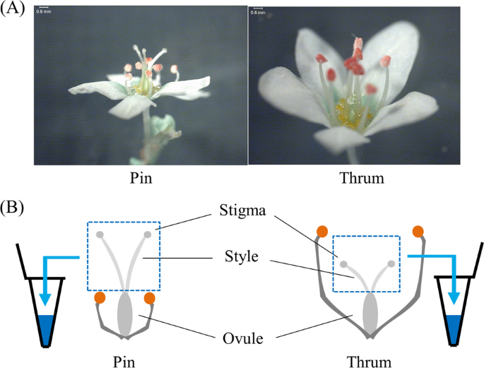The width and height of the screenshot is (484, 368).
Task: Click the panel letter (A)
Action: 12,8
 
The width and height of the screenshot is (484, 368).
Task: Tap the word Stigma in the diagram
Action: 242,211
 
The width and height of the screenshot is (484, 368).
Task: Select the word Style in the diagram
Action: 242,256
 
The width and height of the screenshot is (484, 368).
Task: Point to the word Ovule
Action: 243,339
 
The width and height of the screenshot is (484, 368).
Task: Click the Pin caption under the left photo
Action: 141,178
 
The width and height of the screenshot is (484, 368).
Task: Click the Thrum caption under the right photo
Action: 362,178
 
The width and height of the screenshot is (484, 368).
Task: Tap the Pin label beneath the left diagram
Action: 124,362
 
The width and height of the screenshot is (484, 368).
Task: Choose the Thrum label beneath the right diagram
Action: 369,362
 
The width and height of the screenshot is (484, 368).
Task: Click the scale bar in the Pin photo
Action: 44,7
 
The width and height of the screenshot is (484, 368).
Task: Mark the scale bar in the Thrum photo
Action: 258,8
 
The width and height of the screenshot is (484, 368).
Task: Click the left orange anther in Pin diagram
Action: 100,298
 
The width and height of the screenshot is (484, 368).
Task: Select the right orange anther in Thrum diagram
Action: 418,232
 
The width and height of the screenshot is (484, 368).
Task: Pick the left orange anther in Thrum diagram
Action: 322,232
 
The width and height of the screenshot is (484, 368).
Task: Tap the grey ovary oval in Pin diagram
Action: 125,314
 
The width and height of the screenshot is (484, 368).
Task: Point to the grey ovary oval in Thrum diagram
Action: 370,314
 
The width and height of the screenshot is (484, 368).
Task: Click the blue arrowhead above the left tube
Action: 45,299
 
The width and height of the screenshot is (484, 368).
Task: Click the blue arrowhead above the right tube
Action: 454,298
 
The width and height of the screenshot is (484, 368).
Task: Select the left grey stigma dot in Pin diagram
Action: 100,235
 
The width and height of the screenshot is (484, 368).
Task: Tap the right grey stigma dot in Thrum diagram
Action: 391,263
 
